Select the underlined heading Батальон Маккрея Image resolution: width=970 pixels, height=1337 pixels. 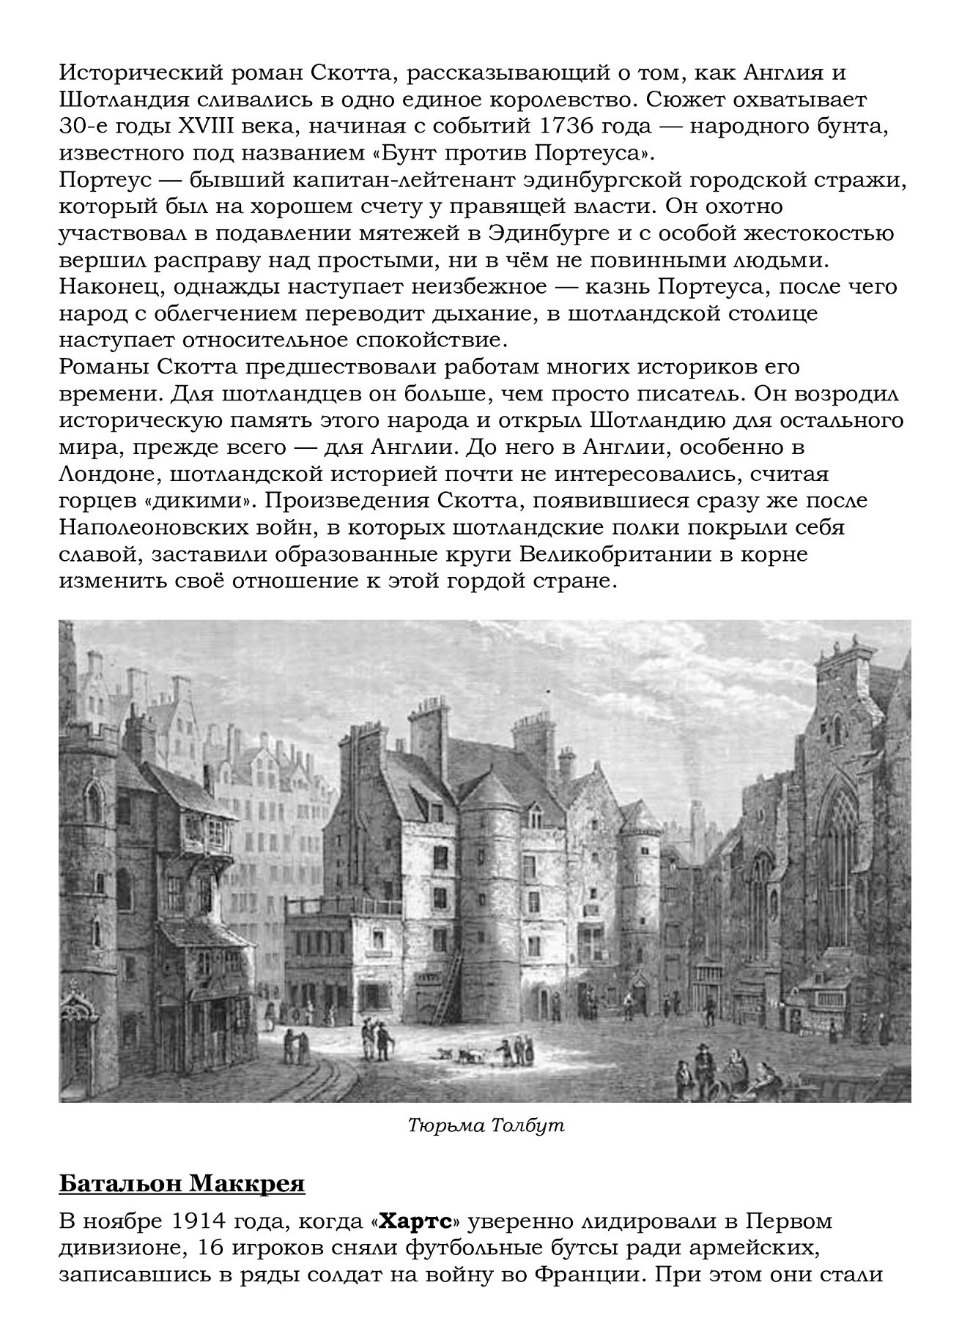[182, 1184]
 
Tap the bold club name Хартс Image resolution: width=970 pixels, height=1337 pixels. [416, 1222]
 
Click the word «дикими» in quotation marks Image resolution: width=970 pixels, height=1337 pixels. [196, 502]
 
